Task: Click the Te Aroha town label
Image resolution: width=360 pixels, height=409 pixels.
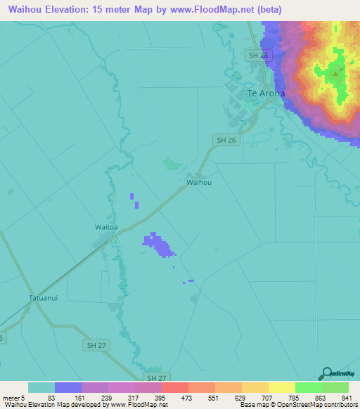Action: [266, 93]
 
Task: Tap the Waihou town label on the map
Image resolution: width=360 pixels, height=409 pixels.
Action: [199, 182]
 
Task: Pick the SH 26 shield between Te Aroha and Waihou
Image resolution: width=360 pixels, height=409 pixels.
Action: [226, 140]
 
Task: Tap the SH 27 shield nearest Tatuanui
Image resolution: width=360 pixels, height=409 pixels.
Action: [95, 344]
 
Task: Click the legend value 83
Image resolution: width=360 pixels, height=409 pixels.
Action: [51, 398]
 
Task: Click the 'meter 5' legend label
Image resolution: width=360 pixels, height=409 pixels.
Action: [13, 398]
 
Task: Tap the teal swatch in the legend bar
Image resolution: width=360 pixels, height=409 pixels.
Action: [41, 387]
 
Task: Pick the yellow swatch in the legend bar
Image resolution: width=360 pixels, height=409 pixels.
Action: [281, 387]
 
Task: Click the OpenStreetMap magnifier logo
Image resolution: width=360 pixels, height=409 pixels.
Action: [325, 373]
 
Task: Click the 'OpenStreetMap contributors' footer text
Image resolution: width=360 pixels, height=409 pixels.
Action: [317, 405]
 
